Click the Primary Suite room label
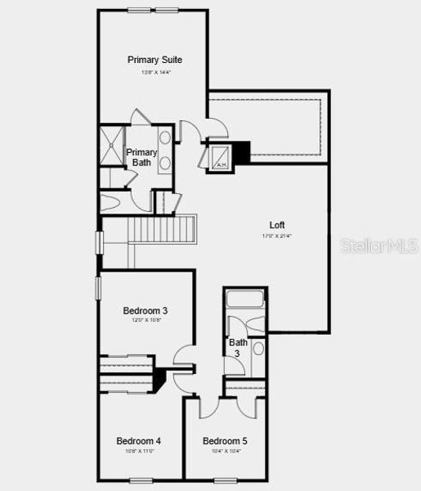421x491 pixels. (x=155, y=60)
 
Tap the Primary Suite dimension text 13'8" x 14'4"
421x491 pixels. (x=155, y=72)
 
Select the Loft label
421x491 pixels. (x=277, y=225)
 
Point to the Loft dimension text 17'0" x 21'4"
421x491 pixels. (x=277, y=236)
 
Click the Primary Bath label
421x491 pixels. (x=141, y=157)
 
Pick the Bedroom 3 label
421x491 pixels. (x=146, y=310)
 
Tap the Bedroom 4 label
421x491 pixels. (x=138, y=440)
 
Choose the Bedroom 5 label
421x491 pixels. (x=225, y=440)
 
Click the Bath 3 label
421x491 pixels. (x=238, y=348)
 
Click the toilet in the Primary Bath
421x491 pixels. (x=112, y=200)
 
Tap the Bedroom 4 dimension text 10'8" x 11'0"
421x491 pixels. (x=138, y=451)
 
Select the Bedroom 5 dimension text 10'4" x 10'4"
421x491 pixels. (x=225, y=451)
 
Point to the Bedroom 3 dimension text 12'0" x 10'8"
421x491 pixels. (x=146, y=321)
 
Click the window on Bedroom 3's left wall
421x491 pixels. (x=98, y=288)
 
